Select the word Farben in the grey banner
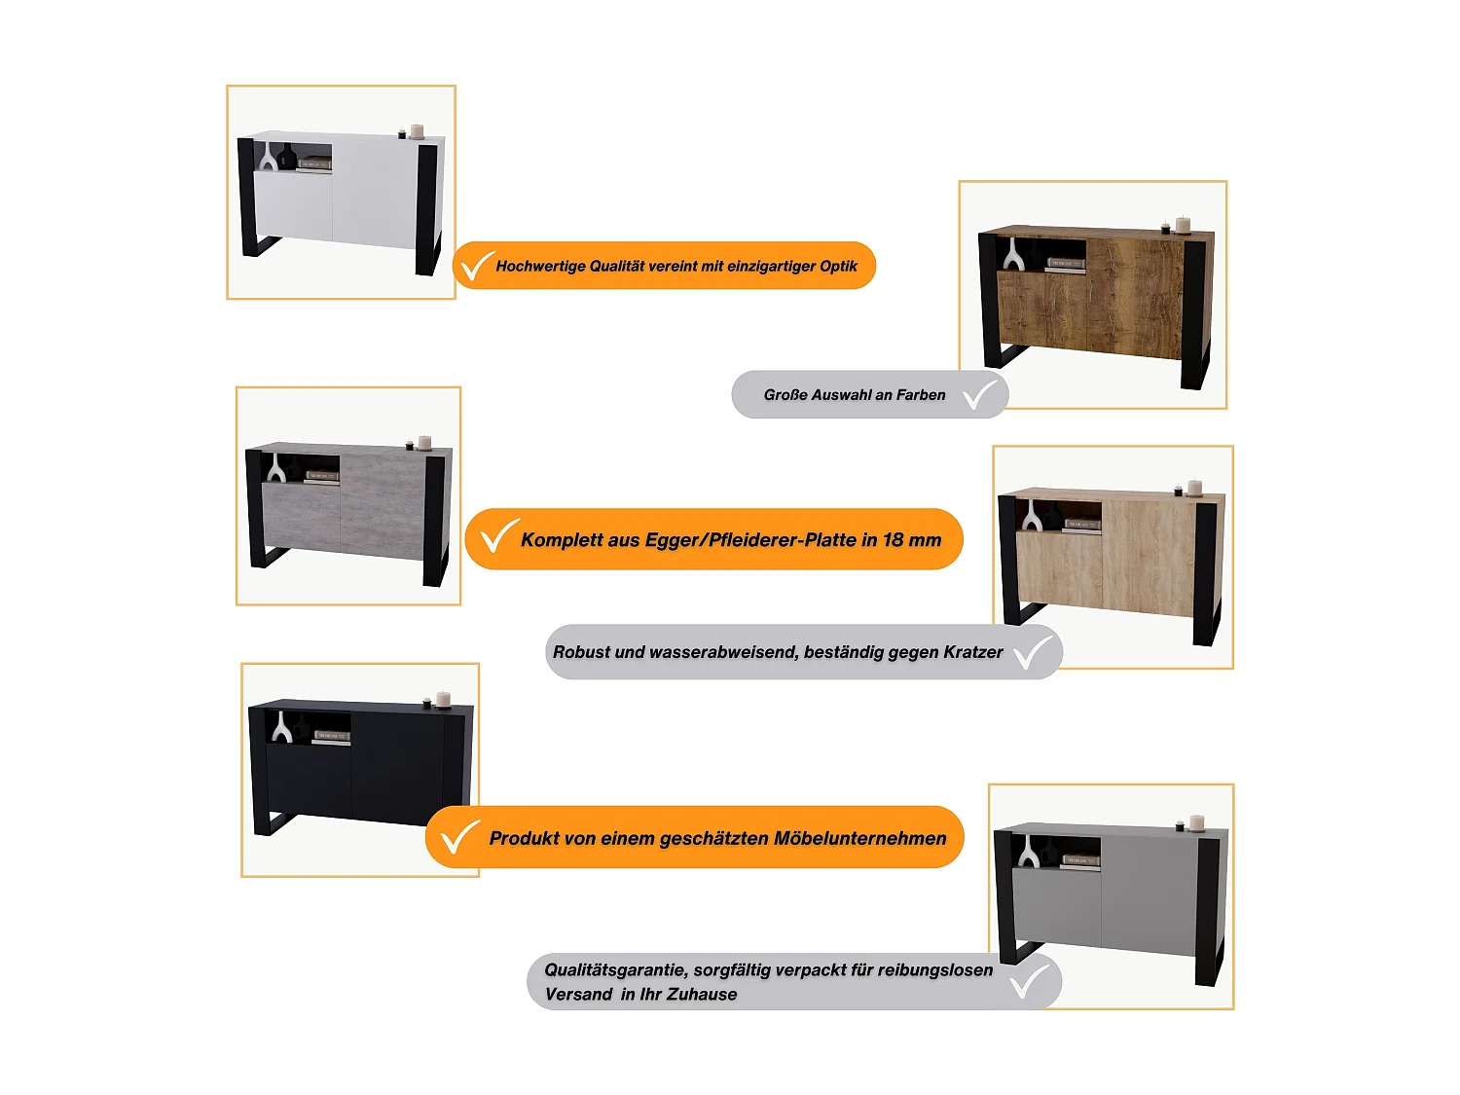click(x=921, y=395)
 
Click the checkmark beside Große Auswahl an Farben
click(x=980, y=394)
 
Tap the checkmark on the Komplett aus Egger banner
click(x=499, y=536)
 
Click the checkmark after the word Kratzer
click(x=1033, y=652)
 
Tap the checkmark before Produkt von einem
click(x=460, y=837)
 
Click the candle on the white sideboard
click(x=417, y=131)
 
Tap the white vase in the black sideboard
click(x=281, y=727)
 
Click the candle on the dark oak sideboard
click(x=1183, y=225)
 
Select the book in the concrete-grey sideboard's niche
click(x=322, y=477)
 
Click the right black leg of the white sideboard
click(x=427, y=209)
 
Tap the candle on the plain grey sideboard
click(x=1196, y=823)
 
